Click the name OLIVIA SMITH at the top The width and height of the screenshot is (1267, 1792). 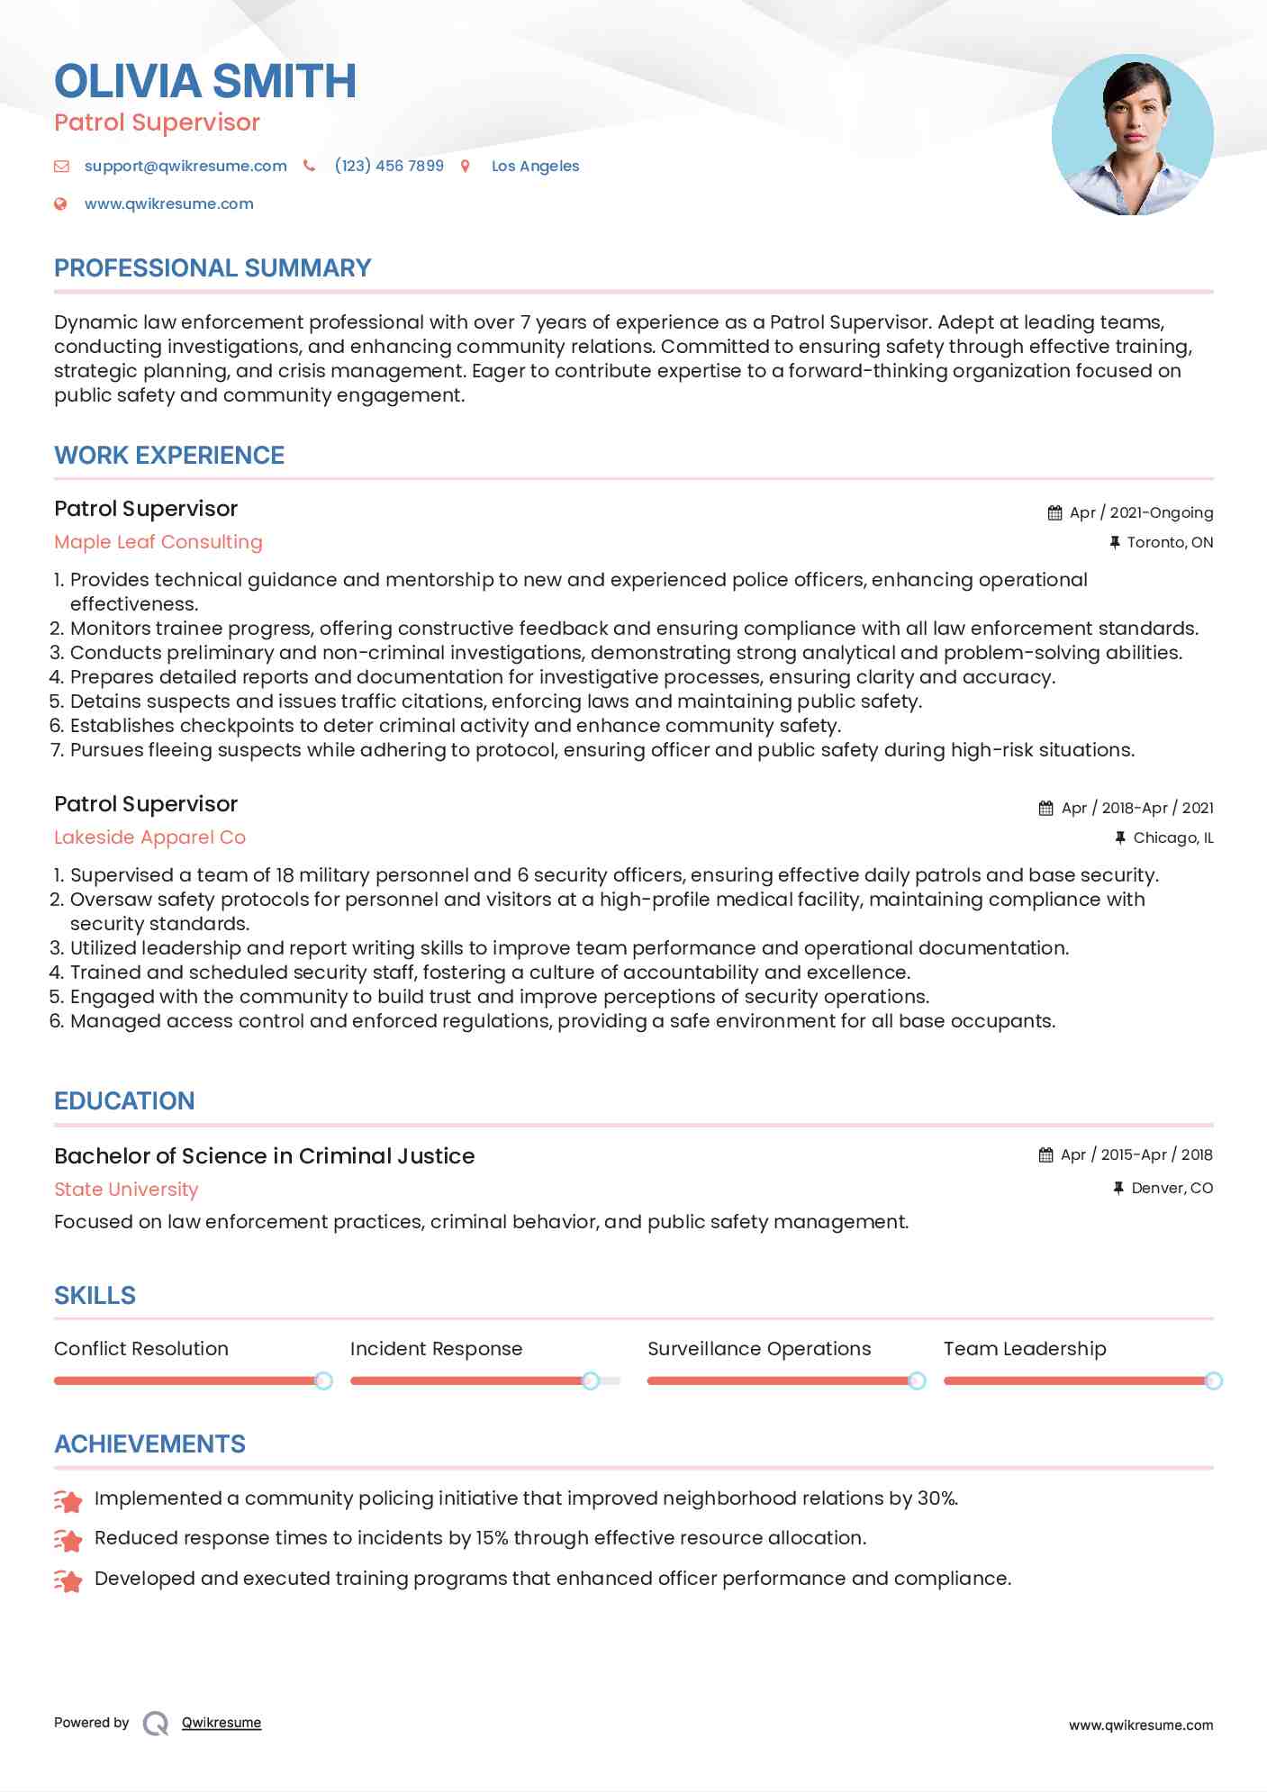point(205,81)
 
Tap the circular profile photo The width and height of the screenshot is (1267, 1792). point(1132,135)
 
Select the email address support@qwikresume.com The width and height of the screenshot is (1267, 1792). point(186,166)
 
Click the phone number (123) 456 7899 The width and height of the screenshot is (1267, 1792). point(389,166)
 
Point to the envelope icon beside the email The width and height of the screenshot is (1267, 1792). point(61,166)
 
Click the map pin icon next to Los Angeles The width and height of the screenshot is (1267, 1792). point(466,166)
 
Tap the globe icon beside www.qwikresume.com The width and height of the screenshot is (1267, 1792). point(61,204)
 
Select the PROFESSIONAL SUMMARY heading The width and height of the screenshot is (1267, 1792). point(213,268)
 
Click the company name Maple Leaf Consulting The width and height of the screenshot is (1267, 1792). point(158,542)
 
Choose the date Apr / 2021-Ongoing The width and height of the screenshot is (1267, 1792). point(1141,512)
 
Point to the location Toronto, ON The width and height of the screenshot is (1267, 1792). point(1170,542)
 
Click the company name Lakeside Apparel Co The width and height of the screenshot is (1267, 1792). point(149,837)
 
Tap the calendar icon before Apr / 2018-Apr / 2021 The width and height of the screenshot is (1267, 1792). point(1045,808)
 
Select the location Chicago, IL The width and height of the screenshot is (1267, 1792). point(1172,837)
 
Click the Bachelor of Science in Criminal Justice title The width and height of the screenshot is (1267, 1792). point(264,1156)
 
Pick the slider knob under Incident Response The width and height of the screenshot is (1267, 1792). point(591,1380)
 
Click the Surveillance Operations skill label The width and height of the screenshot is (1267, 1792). point(759,1349)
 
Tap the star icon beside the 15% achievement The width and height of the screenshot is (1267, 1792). point(68,1540)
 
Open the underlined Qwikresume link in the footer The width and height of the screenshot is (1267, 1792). point(222,1723)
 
